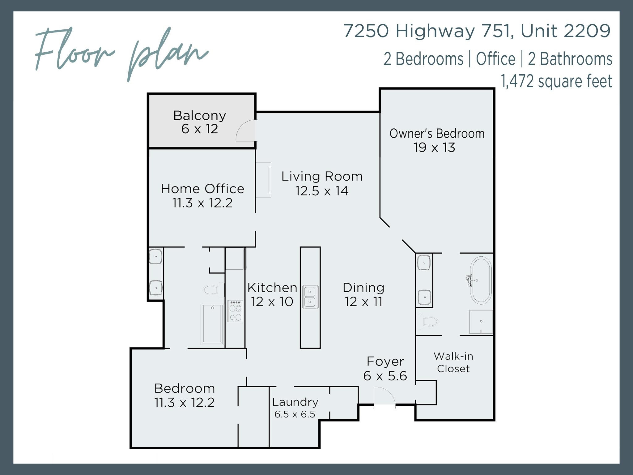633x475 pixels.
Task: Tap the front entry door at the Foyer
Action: pos(384,398)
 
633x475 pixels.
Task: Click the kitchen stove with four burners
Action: pos(235,311)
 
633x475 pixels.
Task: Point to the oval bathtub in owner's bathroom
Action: pos(481,280)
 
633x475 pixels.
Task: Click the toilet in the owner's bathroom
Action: pos(428,322)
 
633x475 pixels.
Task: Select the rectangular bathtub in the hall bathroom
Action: pos(212,324)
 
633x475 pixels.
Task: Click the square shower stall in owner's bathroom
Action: pos(481,322)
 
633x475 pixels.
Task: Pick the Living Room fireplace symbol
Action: pos(264,180)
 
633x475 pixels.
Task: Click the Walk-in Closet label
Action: pos(453,362)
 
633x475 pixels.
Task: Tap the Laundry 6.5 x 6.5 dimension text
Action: pos(295,414)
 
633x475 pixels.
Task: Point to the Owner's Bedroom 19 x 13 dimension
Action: pos(434,148)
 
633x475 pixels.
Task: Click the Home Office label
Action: pos(202,189)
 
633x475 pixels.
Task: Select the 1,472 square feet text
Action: pos(556,81)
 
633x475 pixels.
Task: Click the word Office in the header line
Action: pos(495,59)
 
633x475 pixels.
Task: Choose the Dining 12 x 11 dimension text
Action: pos(363,302)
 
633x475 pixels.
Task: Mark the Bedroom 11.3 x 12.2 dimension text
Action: pos(184,403)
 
